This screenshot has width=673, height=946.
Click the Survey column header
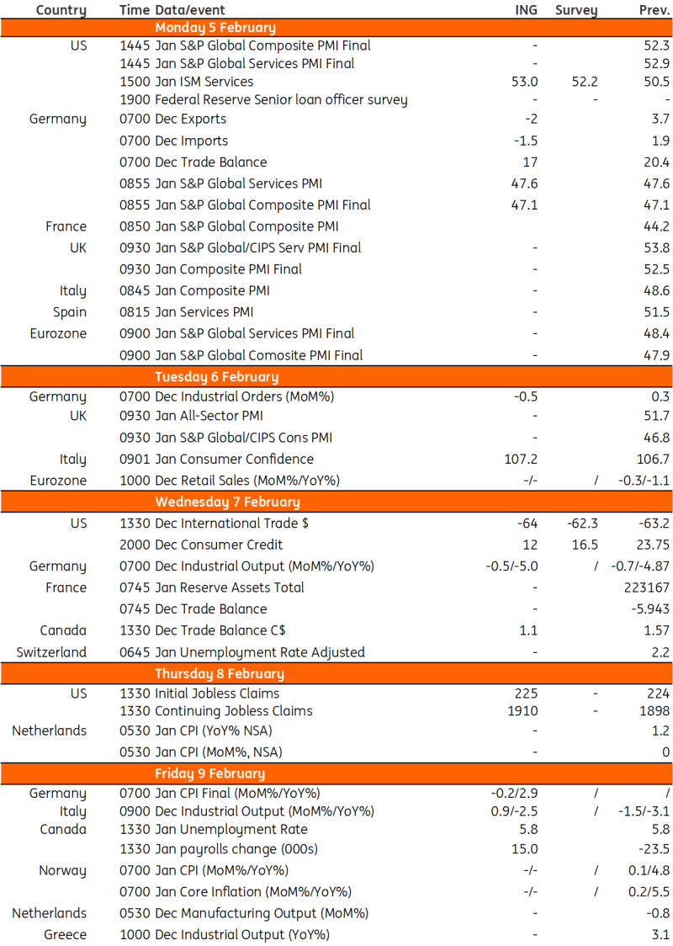click(x=576, y=10)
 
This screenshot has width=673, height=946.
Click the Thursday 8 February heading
click(x=220, y=673)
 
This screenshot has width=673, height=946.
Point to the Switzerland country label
click(x=51, y=651)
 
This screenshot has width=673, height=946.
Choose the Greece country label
click(x=66, y=934)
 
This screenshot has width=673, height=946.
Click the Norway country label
click(x=63, y=870)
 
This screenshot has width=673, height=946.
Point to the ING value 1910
click(x=522, y=710)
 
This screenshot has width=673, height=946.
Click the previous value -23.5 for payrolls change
click(x=653, y=848)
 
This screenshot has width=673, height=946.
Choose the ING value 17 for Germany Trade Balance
click(x=530, y=162)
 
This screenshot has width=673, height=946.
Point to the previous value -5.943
click(x=650, y=609)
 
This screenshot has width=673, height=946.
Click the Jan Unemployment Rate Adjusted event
click(x=242, y=651)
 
